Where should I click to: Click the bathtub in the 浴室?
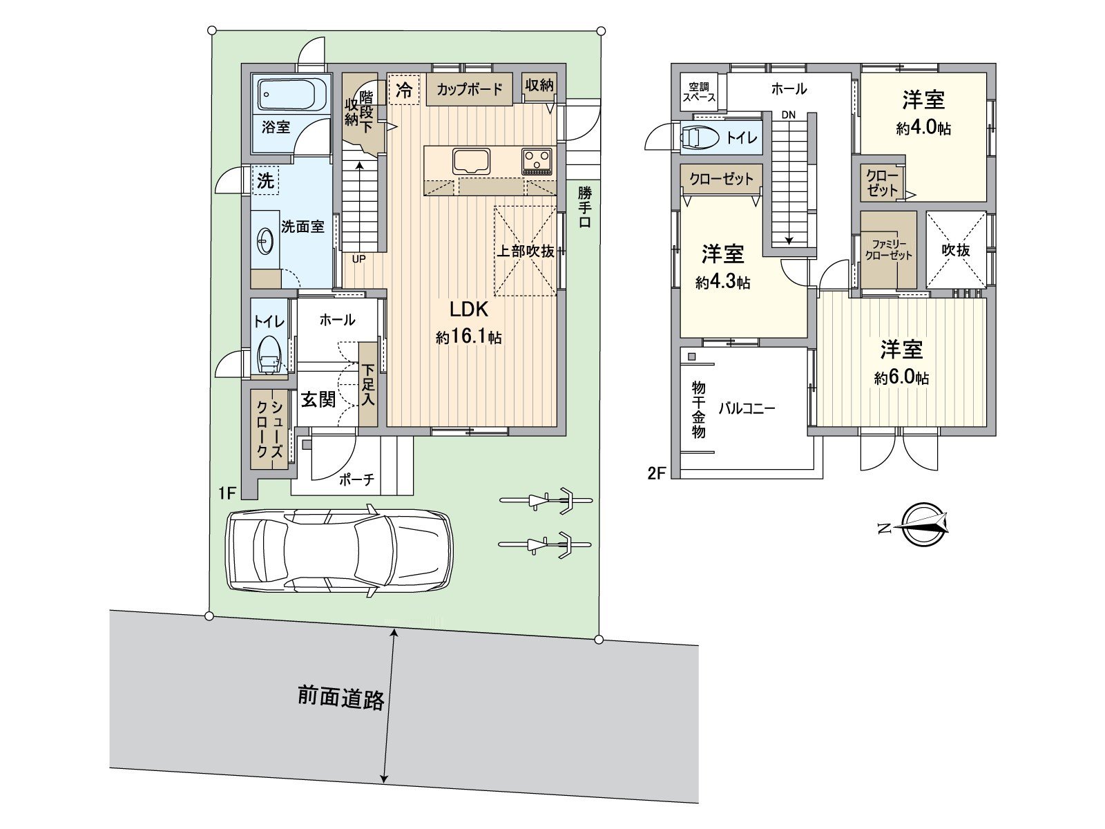(x=292, y=95)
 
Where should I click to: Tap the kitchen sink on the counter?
(x=472, y=162)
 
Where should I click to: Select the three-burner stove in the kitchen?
(x=537, y=162)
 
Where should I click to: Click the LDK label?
(x=469, y=309)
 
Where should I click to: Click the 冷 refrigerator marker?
(x=405, y=90)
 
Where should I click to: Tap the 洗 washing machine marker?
(x=266, y=181)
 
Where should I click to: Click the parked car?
(x=340, y=551)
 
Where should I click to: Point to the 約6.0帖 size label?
(x=901, y=378)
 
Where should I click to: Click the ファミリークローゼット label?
(x=889, y=249)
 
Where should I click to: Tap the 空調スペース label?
(x=700, y=92)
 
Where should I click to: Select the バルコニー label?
(x=747, y=408)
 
